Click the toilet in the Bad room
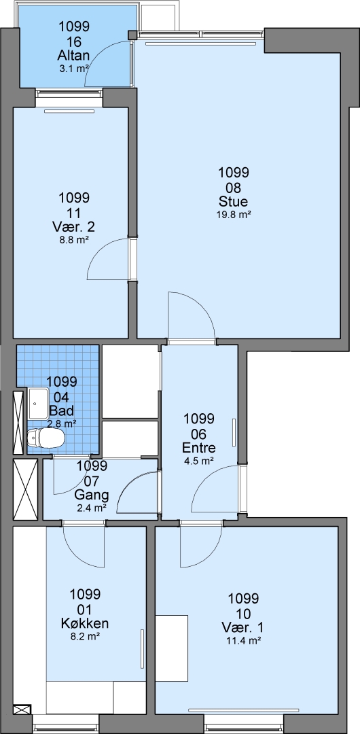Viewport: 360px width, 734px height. click(x=46, y=438)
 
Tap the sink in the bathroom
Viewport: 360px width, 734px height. click(x=38, y=403)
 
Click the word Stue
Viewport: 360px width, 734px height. click(x=233, y=202)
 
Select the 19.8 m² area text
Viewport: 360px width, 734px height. click(x=233, y=215)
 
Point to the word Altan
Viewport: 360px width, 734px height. click(x=73, y=56)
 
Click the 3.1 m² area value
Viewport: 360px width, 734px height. click(x=73, y=69)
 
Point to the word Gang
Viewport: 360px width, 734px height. click(x=92, y=495)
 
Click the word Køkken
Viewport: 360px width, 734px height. click(x=85, y=623)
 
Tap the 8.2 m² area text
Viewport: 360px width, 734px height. click(x=85, y=636)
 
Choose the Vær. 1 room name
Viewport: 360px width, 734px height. click(x=243, y=627)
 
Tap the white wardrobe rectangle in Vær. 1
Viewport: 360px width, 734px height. click(x=172, y=648)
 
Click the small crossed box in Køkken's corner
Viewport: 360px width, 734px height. click(x=22, y=710)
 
